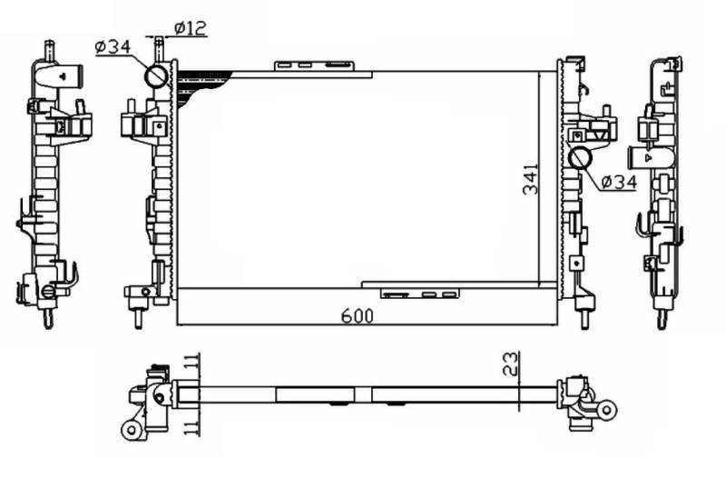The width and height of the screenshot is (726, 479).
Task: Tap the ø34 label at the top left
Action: (x=113, y=45)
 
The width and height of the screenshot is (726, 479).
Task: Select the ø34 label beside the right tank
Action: (x=618, y=182)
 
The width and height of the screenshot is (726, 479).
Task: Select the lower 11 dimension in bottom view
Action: (x=191, y=426)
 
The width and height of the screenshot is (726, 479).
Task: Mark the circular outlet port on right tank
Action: (x=580, y=158)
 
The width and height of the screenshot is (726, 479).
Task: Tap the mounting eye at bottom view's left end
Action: (x=131, y=428)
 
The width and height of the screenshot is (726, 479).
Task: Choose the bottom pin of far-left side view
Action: (x=44, y=318)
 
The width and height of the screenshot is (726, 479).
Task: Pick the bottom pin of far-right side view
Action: (x=662, y=319)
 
